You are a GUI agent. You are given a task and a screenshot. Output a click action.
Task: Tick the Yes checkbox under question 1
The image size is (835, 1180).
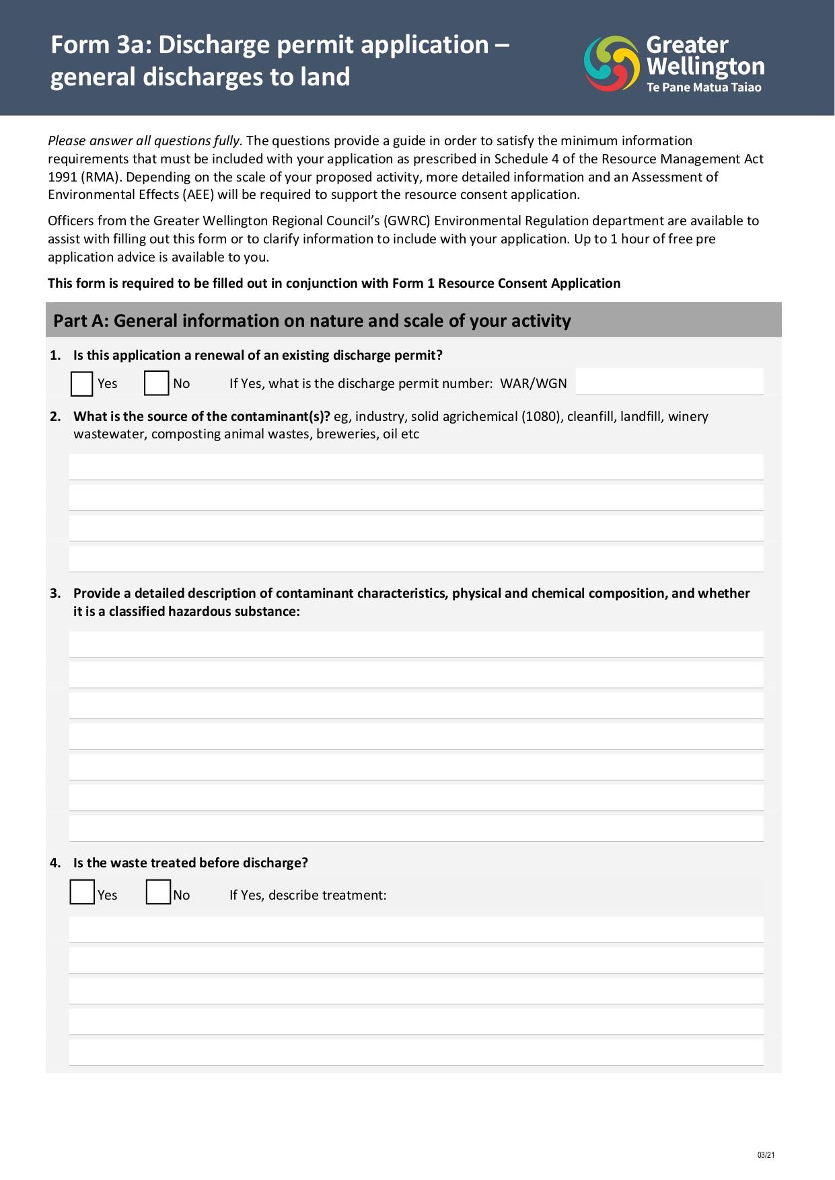81,384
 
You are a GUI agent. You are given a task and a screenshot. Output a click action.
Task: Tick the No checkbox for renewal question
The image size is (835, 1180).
156,383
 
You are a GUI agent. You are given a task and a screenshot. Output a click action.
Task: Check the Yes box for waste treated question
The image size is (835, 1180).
82,892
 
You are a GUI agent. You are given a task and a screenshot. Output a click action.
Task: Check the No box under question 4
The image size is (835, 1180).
158,892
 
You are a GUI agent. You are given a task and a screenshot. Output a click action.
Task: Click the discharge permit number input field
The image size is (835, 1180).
669,382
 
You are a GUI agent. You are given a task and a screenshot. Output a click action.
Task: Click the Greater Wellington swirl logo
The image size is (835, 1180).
611,64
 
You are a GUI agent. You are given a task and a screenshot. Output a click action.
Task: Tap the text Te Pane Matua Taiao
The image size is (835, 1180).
704,87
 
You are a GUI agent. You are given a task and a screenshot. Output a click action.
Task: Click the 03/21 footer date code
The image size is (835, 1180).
766,1155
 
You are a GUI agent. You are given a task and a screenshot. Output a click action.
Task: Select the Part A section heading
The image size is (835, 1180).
312,321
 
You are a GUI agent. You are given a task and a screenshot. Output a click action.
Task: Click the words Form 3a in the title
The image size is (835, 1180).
100,45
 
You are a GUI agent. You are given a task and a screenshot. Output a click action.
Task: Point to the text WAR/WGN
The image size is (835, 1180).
533,383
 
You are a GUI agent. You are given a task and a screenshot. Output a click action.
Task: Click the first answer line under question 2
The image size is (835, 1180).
416,467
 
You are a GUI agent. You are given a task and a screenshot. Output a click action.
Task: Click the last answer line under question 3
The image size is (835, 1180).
416,828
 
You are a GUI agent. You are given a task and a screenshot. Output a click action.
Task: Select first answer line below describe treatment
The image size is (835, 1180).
416,929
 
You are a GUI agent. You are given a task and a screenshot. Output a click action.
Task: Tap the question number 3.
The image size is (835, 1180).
55,593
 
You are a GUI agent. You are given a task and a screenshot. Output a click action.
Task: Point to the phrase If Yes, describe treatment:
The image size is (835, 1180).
307,895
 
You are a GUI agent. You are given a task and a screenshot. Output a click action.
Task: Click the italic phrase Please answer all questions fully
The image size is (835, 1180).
144,141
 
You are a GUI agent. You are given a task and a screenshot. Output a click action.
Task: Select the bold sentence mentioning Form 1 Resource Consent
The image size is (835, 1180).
334,283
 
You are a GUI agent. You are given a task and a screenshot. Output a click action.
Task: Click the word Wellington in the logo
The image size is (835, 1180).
704,67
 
